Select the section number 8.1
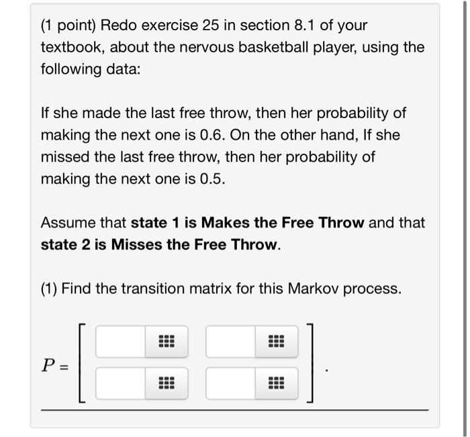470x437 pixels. click(x=307, y=26)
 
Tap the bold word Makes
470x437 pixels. click(x=226, y=222)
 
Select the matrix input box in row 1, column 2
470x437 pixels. click(x=231, y=342)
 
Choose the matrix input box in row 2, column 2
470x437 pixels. click(x=231, y=384)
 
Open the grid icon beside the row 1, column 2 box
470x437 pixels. click(x=276, y=342)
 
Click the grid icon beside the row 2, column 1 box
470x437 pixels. click(x=166, y=384)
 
